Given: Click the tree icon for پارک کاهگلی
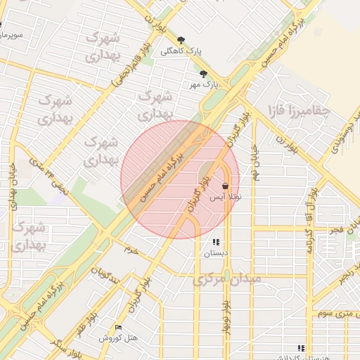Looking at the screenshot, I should (x=181, y=40).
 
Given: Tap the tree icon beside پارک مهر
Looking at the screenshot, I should (x=203, y=74).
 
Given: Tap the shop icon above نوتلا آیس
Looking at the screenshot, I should (x=224, y=186).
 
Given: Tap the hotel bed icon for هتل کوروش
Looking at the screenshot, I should (x=118, y=328).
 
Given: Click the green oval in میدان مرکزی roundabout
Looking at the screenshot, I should (x=226, y=274).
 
